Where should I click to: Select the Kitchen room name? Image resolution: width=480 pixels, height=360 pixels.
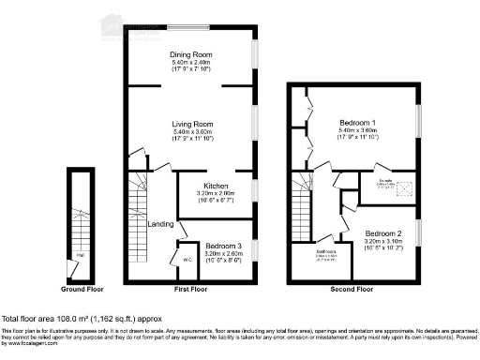point(206,185)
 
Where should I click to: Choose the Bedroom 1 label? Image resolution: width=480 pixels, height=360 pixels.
point(357,124)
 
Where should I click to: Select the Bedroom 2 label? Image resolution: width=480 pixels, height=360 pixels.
point(383,232)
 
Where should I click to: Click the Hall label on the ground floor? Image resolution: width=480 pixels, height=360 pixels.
point(80,254)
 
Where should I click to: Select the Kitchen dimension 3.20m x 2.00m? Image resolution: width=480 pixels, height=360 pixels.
point(206,193)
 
